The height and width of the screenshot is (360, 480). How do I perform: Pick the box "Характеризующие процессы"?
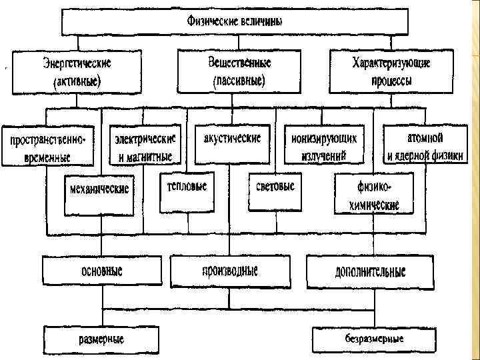[390, 72]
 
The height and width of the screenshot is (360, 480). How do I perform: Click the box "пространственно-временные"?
[48, 147]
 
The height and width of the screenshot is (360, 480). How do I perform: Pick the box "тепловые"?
[187, 186]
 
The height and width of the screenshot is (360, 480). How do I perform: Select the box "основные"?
[101, 271]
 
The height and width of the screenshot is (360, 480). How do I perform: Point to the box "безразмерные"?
[373, 339]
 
